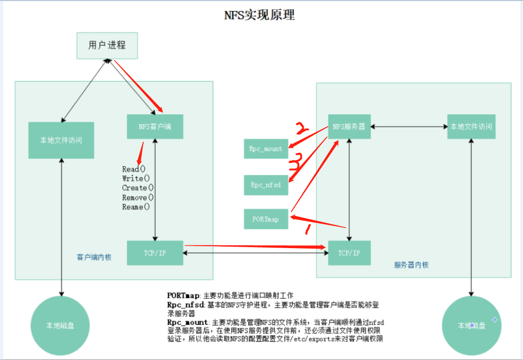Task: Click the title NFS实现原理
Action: point(259,15)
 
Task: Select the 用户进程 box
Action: point(107,45)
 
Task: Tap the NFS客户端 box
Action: point(154,126)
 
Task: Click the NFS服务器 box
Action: point(349,126)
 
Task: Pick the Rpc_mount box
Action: point(266,149)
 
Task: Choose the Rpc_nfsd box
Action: point(266,185)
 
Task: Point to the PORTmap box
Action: point(266,219)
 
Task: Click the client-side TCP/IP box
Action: point(154,253)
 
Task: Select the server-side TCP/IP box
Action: point(349,253)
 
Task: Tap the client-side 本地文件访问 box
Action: point(61,140)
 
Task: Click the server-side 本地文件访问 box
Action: point(471,126)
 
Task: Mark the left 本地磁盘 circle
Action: point(60,325)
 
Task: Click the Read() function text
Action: point(134,169)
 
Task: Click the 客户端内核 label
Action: point(94,257)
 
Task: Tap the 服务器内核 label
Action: point(411,265)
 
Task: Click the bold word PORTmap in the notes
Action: point(183,295)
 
